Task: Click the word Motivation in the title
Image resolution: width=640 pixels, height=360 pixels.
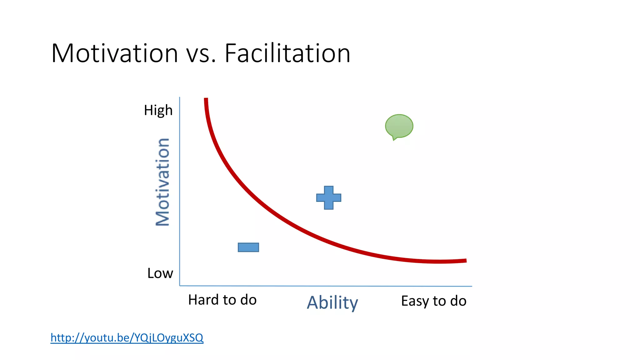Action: coord(115,53)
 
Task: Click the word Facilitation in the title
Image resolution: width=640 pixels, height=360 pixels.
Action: coord(287,53)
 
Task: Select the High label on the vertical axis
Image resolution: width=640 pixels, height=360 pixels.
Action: coord(158,110)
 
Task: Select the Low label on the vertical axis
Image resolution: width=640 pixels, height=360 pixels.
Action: coord(160,273)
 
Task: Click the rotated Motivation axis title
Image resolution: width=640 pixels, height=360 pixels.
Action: coord(162,182)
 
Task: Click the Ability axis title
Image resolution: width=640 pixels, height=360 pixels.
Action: coord(332,302)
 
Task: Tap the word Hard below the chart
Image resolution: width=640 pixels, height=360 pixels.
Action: coord(203,300)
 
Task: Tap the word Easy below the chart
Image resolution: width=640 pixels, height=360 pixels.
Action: coord(415,301)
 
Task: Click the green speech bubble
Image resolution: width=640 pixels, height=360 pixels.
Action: coord(399,126)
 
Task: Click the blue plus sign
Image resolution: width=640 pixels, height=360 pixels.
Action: coord(328,197)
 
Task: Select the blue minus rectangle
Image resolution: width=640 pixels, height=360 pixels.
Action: coord(248,247)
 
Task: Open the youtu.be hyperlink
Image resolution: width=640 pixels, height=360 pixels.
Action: coord(127,337)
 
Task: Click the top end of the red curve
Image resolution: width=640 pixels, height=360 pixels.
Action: coord(206,100)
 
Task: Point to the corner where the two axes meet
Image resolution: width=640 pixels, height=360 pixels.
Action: coord(180,285)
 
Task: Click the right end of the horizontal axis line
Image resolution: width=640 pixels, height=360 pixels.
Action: coord(471,286)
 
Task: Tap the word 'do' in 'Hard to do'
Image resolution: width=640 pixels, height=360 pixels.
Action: coord(248,300)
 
